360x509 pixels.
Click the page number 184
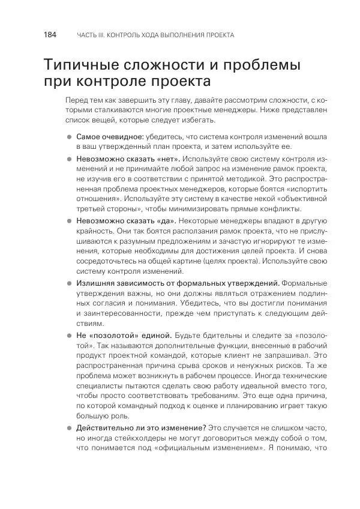tap(50, 35)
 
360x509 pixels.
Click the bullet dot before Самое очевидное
tap(69, 137)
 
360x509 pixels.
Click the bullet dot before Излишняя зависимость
tap(69, 283)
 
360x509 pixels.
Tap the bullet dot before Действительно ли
tap(69, 428)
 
